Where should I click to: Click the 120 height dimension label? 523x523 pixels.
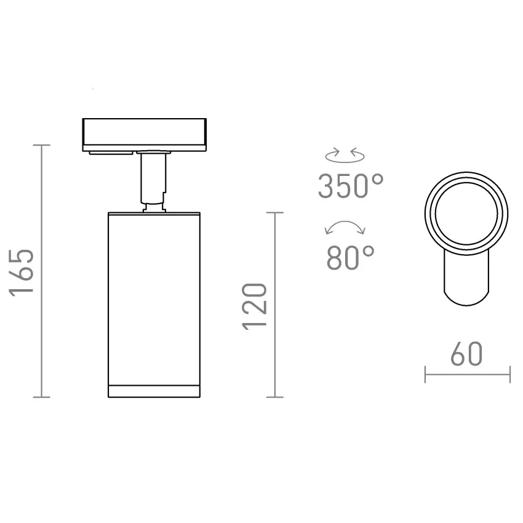(255, 307)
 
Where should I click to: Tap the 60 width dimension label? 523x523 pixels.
(467, 354)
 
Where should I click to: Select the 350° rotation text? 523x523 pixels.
(351, 186)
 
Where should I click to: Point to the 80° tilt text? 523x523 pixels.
(351, 257)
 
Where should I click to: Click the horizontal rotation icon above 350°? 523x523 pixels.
(345, 155)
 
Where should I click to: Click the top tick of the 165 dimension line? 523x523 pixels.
(42, 145)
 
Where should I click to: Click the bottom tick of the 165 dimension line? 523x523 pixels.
(42, 397)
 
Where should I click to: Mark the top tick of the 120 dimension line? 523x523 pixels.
(275, 212)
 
